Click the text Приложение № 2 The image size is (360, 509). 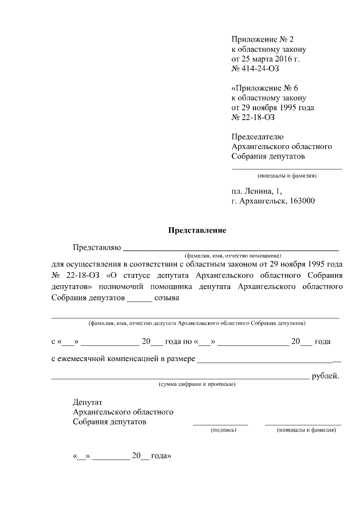coord(262,39)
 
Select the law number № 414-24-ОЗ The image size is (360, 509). coord(255,69)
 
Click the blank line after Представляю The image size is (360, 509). coord(231,248)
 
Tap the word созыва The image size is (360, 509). coord(167,298)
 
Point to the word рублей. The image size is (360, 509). coord(326,376)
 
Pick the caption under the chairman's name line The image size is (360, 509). coord(287,175)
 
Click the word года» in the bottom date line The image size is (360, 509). coord(161,457)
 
